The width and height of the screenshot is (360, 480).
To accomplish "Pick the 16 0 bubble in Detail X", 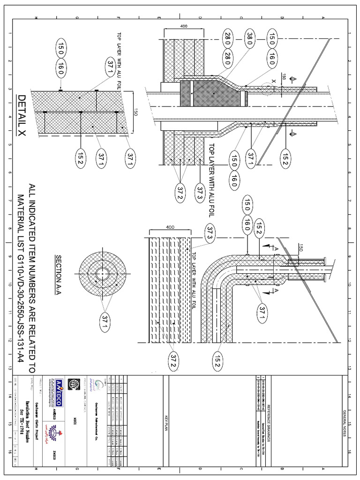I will [61, 69].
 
